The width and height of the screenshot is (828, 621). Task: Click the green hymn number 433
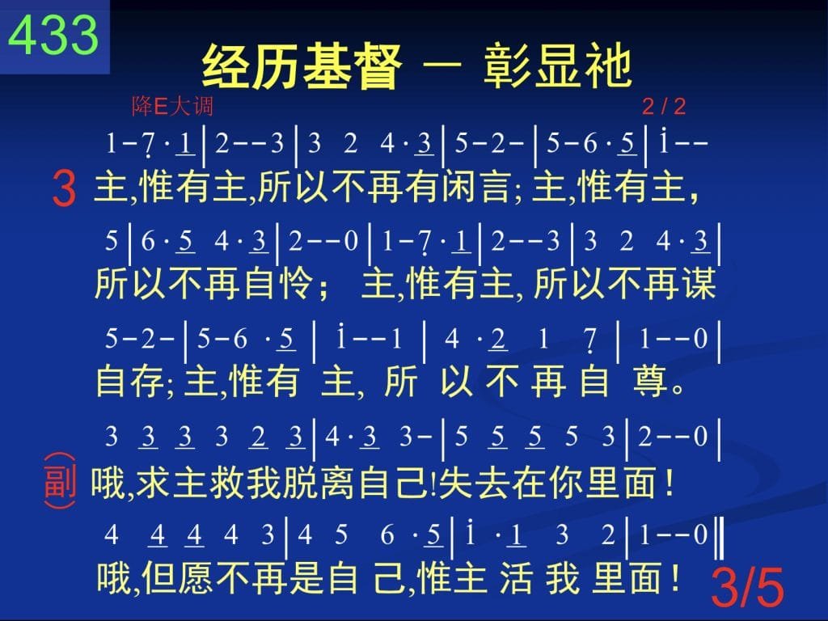tap(53, 34)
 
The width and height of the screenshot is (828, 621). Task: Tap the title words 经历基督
tap(302, 67)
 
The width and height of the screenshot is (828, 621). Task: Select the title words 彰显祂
tap(558, 67)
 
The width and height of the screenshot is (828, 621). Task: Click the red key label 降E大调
tap(173, 106)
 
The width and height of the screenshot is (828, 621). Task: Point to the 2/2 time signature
tap(664, 107)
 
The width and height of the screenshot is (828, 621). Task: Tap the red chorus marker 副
tap(59, 481)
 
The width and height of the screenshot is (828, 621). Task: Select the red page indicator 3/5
tap(747, 587)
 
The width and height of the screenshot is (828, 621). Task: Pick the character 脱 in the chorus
tap(300, 482)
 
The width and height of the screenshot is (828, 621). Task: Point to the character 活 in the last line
tap(515, 577)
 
